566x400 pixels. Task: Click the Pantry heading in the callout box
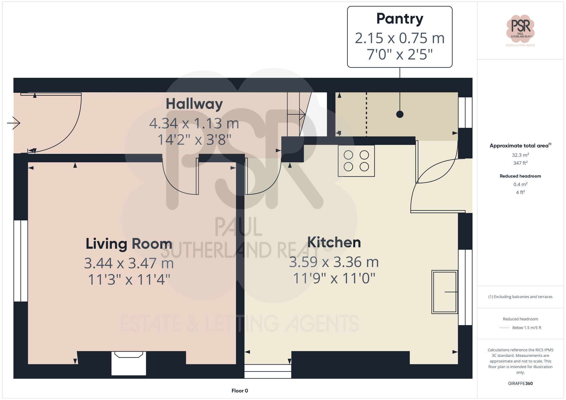pyautogui.click(x=400, y=19)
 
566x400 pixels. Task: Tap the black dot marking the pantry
pyautogui.click(x=400, y=114)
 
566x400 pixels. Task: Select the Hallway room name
pyautogui.click(x=194, y=104)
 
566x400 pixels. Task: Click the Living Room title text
pyautogui.click(x=129, y=244)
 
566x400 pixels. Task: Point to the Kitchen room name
pyautogui.click(x=334, y=242)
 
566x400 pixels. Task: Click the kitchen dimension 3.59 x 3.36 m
pyautogui.click(x=334, y=262)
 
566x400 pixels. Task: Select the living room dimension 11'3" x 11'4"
pyautogui.click(x=129, y=280)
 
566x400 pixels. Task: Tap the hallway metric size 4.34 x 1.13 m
pyautogui.click(x=194, y=124)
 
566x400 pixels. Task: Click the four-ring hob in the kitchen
pyautogui.click(x=356, y=161)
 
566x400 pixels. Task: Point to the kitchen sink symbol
pyautogui.click(x=444, y=292)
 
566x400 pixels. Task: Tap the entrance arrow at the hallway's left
pyautogui.click(x=14, y=123)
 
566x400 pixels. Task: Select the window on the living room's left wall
pyautogui.click(x=21, y=261)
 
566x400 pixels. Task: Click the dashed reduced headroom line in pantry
pyautogui.click(x=366, y=114)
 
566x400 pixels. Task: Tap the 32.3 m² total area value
pyautogui.click(x=520, y=155)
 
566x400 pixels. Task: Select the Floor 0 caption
pyautogui.click(x=239, y=391)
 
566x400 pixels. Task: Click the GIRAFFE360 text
pyautogui.click(x=520, y=383)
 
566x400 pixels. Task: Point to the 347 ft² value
pyautogui.click(x=520, y=163)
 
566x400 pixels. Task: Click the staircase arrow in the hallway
pyautogui.click(x=296, y=114)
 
